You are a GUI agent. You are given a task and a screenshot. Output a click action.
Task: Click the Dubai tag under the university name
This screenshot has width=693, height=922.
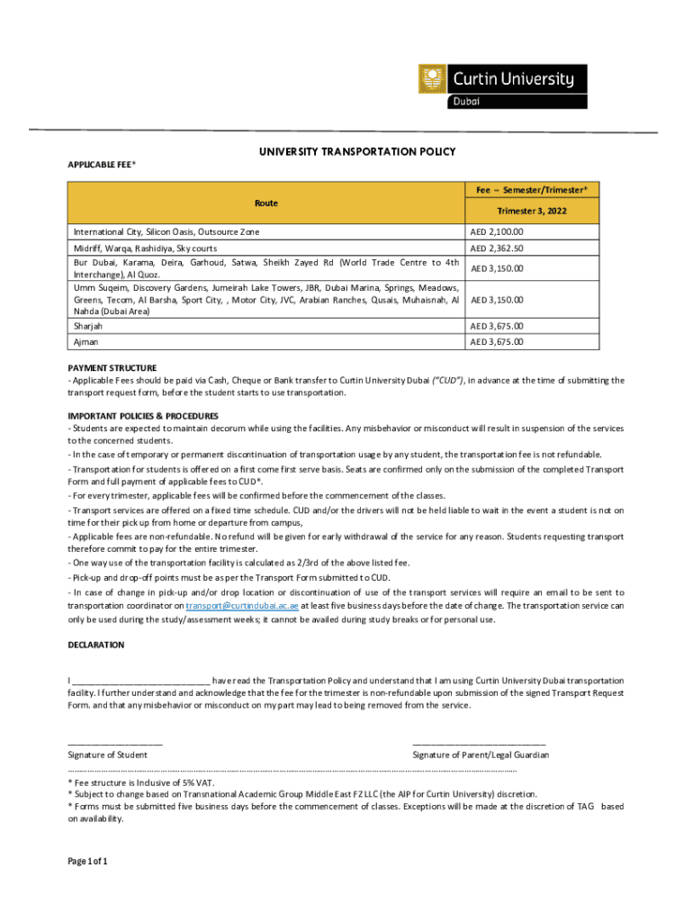[x=466, y=101]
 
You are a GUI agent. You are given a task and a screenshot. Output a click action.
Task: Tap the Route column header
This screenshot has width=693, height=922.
[x=265, y=203]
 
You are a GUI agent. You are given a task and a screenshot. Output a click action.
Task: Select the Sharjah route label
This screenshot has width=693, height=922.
[x=88, y=326]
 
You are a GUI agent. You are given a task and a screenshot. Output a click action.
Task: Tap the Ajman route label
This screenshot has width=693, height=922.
[x=84, y=342]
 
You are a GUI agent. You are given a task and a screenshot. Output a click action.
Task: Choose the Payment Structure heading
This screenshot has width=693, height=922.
[x=112, y=368]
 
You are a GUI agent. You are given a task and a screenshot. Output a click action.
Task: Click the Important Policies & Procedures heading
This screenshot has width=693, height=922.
[x=143, y=416]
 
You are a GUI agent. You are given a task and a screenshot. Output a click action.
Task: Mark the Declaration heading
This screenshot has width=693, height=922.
[x=96, y=646]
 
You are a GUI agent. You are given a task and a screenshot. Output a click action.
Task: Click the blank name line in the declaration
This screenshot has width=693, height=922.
[x=141, y=681]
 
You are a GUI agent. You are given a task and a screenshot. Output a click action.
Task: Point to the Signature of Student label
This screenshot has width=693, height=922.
[x=108, y=755]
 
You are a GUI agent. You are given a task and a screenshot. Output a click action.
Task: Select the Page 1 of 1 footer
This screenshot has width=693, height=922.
[x=88, y=862]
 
